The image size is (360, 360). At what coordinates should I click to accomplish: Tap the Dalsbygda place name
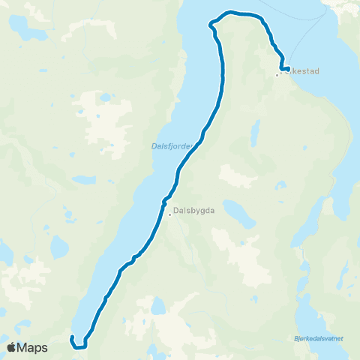(194, 211)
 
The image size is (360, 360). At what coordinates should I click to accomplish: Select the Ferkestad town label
(300, 71)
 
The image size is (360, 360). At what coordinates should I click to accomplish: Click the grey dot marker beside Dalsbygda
(170, 216)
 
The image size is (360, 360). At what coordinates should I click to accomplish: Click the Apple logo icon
(11, 347)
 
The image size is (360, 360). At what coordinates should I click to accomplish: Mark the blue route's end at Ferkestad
(288, 70)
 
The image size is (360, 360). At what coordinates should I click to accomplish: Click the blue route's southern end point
(72, 338)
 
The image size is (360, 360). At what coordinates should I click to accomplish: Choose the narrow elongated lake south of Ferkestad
(256, 134)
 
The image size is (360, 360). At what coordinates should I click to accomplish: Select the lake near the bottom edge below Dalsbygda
(157, 307)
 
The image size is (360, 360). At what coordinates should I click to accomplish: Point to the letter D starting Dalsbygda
(176, 211)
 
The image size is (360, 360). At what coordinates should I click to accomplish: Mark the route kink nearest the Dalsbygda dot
(163, 200)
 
